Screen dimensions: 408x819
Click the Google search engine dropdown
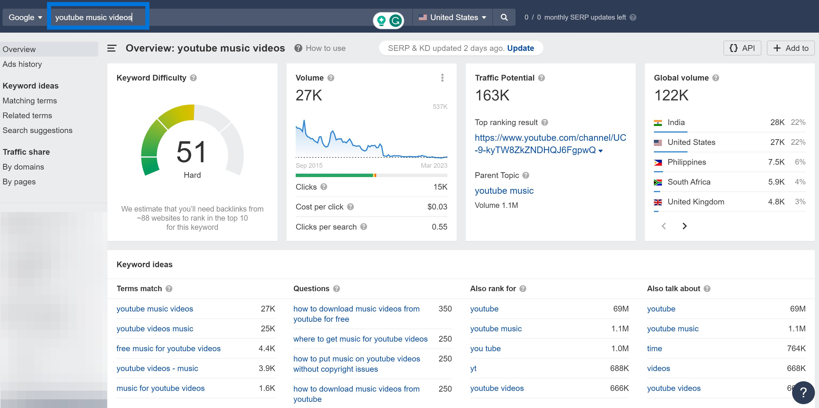tap(25, 18)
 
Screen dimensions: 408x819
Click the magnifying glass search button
tap(504, 18)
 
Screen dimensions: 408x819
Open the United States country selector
tap(452, 18)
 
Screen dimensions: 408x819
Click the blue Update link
tap(521, 48)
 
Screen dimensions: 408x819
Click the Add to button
tap(790, 48)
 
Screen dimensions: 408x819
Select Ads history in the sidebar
tap(22, 64)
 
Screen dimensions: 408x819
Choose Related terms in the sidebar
tap(27, 115)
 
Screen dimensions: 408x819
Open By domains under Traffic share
tap(23, 167)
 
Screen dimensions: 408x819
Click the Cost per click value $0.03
tap(437, 207)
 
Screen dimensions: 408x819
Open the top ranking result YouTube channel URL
tap(550, 144)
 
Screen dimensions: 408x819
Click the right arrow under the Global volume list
tap(684, 226)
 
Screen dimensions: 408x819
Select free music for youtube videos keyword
tap(168, 348)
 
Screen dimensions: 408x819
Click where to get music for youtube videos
tap(360, 339)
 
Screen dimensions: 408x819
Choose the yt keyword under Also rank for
tap(473, 369)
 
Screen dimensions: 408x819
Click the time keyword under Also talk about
tap(654, 348)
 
